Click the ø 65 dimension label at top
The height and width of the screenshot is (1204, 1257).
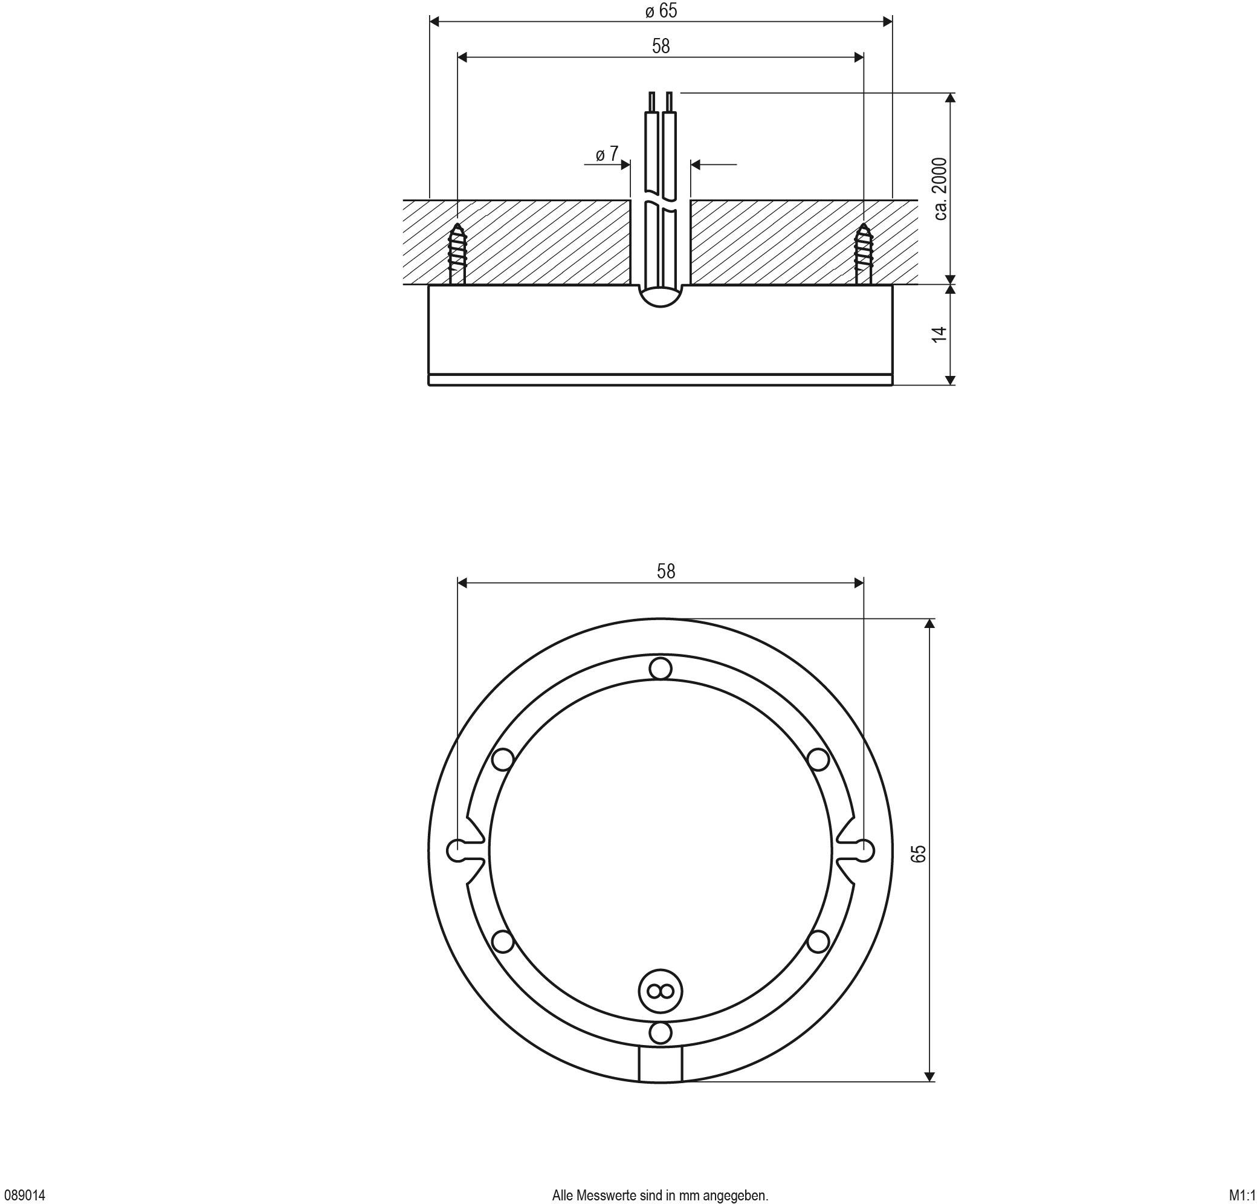pyautogui.click(x=661, y=11)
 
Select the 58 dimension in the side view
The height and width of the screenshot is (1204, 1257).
pyautogui.click(x=661, y=46)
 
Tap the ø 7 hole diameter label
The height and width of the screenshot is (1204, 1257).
pyautogui.click(x=607, y=154)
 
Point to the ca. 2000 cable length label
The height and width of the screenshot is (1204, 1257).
pyautogui.click(x=940, y=189)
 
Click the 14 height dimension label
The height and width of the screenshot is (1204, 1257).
pyautogui.click(x=939, y=334)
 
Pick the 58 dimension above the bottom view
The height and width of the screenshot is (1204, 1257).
pyautogui.click(x=666, y=571)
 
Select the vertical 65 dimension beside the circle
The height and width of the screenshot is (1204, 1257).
pyautogui.click(x=919, y=853)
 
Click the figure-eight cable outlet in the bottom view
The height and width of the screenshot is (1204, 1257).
pyautogui.click(x=660, y=991)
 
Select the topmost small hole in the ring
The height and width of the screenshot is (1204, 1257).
pyautogui.click(x=660, y=669)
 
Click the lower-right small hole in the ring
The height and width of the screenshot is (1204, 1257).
pyautogui.click(x=818, y=942)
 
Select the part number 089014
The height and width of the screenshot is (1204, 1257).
pyautogui.click(x=25, y=1195)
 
